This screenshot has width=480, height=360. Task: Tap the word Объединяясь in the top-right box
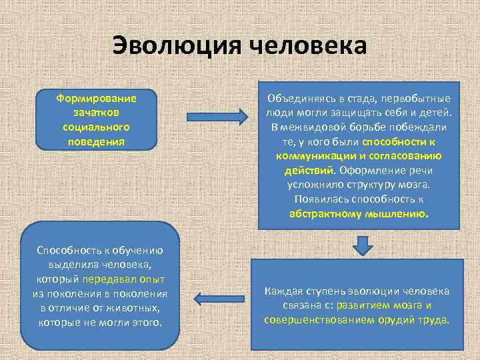pyautogui.click(x=296, y=98)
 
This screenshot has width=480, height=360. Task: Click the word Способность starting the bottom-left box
pyautogui.click(x=65, y=250)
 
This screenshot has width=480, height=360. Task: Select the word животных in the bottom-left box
pyautogui.click(x=136, y=308)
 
